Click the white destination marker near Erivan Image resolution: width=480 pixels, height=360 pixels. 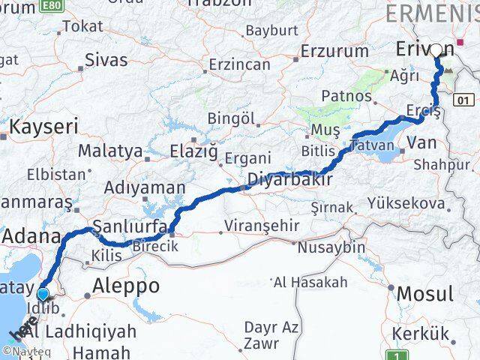tap(436, 51)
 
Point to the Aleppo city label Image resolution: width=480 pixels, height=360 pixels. tap(126, 286)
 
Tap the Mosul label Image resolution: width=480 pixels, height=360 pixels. tap(425, 293)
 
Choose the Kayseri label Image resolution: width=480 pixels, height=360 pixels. tap(41, 126)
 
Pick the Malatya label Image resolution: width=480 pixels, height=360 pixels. tap(110, 151)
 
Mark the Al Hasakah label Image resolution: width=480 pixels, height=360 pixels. tap(310, 282)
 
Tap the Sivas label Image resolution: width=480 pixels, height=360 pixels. tap(106, 59)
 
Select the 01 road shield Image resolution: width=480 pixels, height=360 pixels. tap(465, 99)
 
